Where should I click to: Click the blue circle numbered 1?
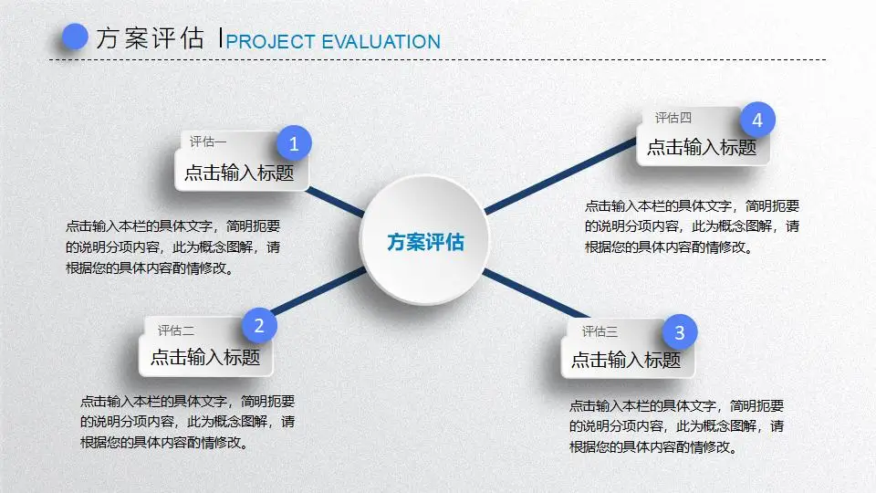[x=294, y=143]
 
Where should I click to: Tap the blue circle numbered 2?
[x=259, y=326]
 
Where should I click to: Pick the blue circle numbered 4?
[x=757, y=120]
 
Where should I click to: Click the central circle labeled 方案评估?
[x=425, y=242]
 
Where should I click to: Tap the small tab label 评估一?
[x=208, y=142]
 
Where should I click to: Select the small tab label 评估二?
[x=176, y=330]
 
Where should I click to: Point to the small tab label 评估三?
[x=600, y=331]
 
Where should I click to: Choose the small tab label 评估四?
[x=673, y=118]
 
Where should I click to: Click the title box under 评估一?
[x=239, y=173]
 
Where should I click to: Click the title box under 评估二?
[x=205, y=358]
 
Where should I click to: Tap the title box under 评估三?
[x=626, y=360]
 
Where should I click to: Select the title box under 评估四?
[x=702, y=147]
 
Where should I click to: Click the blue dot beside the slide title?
[x=73, y=37]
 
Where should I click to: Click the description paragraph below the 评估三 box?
[x=676, y=426]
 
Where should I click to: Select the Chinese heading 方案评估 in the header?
[x=150, y=38]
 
